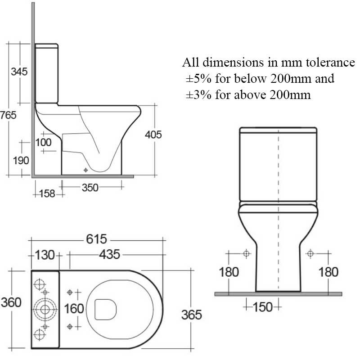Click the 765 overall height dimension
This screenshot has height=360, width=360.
tap(9, 115)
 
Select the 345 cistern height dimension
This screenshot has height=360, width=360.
tap(19, 71)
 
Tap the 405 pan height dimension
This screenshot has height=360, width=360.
tap(153, 134)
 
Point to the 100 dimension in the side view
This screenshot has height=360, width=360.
tap(44, 142)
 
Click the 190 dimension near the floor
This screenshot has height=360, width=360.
tap(21, 160)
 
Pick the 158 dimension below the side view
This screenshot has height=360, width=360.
tap(47, 193)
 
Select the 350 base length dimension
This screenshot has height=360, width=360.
tap(90, 188)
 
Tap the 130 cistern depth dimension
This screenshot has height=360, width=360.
tap(44, 255)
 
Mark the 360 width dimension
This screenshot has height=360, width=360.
tap(11, 302)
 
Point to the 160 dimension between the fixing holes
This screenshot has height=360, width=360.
tap(74, 309)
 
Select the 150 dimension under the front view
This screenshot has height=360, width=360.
tap(263, 307)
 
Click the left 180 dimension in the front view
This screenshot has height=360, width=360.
tap(229, 272)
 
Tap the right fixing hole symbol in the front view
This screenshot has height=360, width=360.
tap(310, 254)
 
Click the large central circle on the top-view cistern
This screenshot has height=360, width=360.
tap(45, 309)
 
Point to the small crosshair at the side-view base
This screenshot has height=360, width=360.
tap(85, 170)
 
